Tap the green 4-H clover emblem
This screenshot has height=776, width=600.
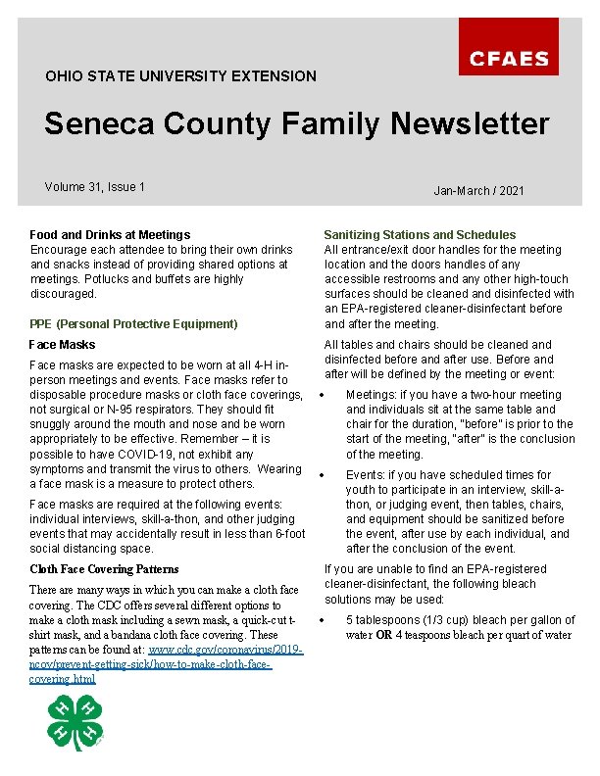click(75, 722)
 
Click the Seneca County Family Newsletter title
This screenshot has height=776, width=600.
click(296, 124)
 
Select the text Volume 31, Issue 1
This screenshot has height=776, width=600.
click(95, 187)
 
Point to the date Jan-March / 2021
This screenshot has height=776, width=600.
click(478, 191)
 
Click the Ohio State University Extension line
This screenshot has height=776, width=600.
click(180, 76)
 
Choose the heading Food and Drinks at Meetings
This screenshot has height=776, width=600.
click(110, 235)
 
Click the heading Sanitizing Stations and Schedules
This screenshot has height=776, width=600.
click(420, 235)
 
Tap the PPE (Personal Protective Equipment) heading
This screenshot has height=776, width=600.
click(133, 324)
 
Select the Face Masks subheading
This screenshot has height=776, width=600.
click(63, 345)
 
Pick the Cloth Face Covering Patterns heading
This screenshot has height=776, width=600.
click(104, 569)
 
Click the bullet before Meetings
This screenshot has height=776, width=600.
click(322, 396)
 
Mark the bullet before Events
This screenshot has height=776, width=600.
click(322, 475)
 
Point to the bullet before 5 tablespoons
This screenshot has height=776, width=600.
click(322, 620)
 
